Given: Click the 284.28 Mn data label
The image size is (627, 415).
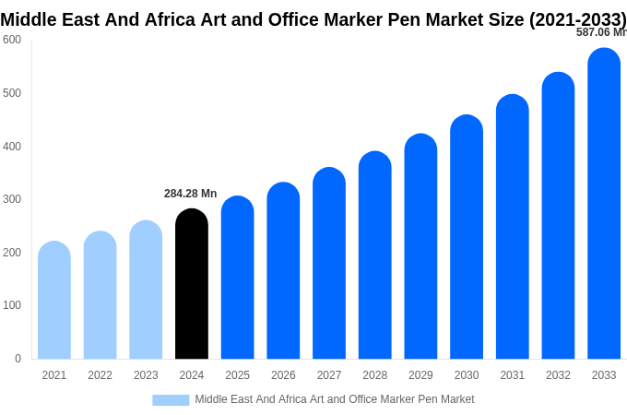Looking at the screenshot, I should click(x=190, y=194).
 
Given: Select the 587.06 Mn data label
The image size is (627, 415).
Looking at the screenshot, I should click(x=600, y=32).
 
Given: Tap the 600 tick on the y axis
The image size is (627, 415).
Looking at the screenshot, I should click(x=12, y=40).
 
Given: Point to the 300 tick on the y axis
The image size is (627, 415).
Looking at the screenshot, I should click(x=12, y=199).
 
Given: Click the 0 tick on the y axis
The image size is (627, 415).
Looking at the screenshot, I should click(x=18, y=359).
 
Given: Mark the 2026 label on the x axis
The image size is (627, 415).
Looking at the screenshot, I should click(x=283, y=375).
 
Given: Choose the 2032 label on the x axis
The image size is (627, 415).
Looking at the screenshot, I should click(x=558, y=375).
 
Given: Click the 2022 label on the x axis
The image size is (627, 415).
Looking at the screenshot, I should click(x=100, y=375).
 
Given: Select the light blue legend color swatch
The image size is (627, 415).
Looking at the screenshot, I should click(x=171, y=399).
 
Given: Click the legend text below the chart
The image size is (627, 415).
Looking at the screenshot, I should click(x=334, y=399).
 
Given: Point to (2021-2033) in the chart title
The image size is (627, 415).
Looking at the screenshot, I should click(x=577, y=20).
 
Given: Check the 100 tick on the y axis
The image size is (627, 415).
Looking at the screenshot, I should click(x=12, y=305).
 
